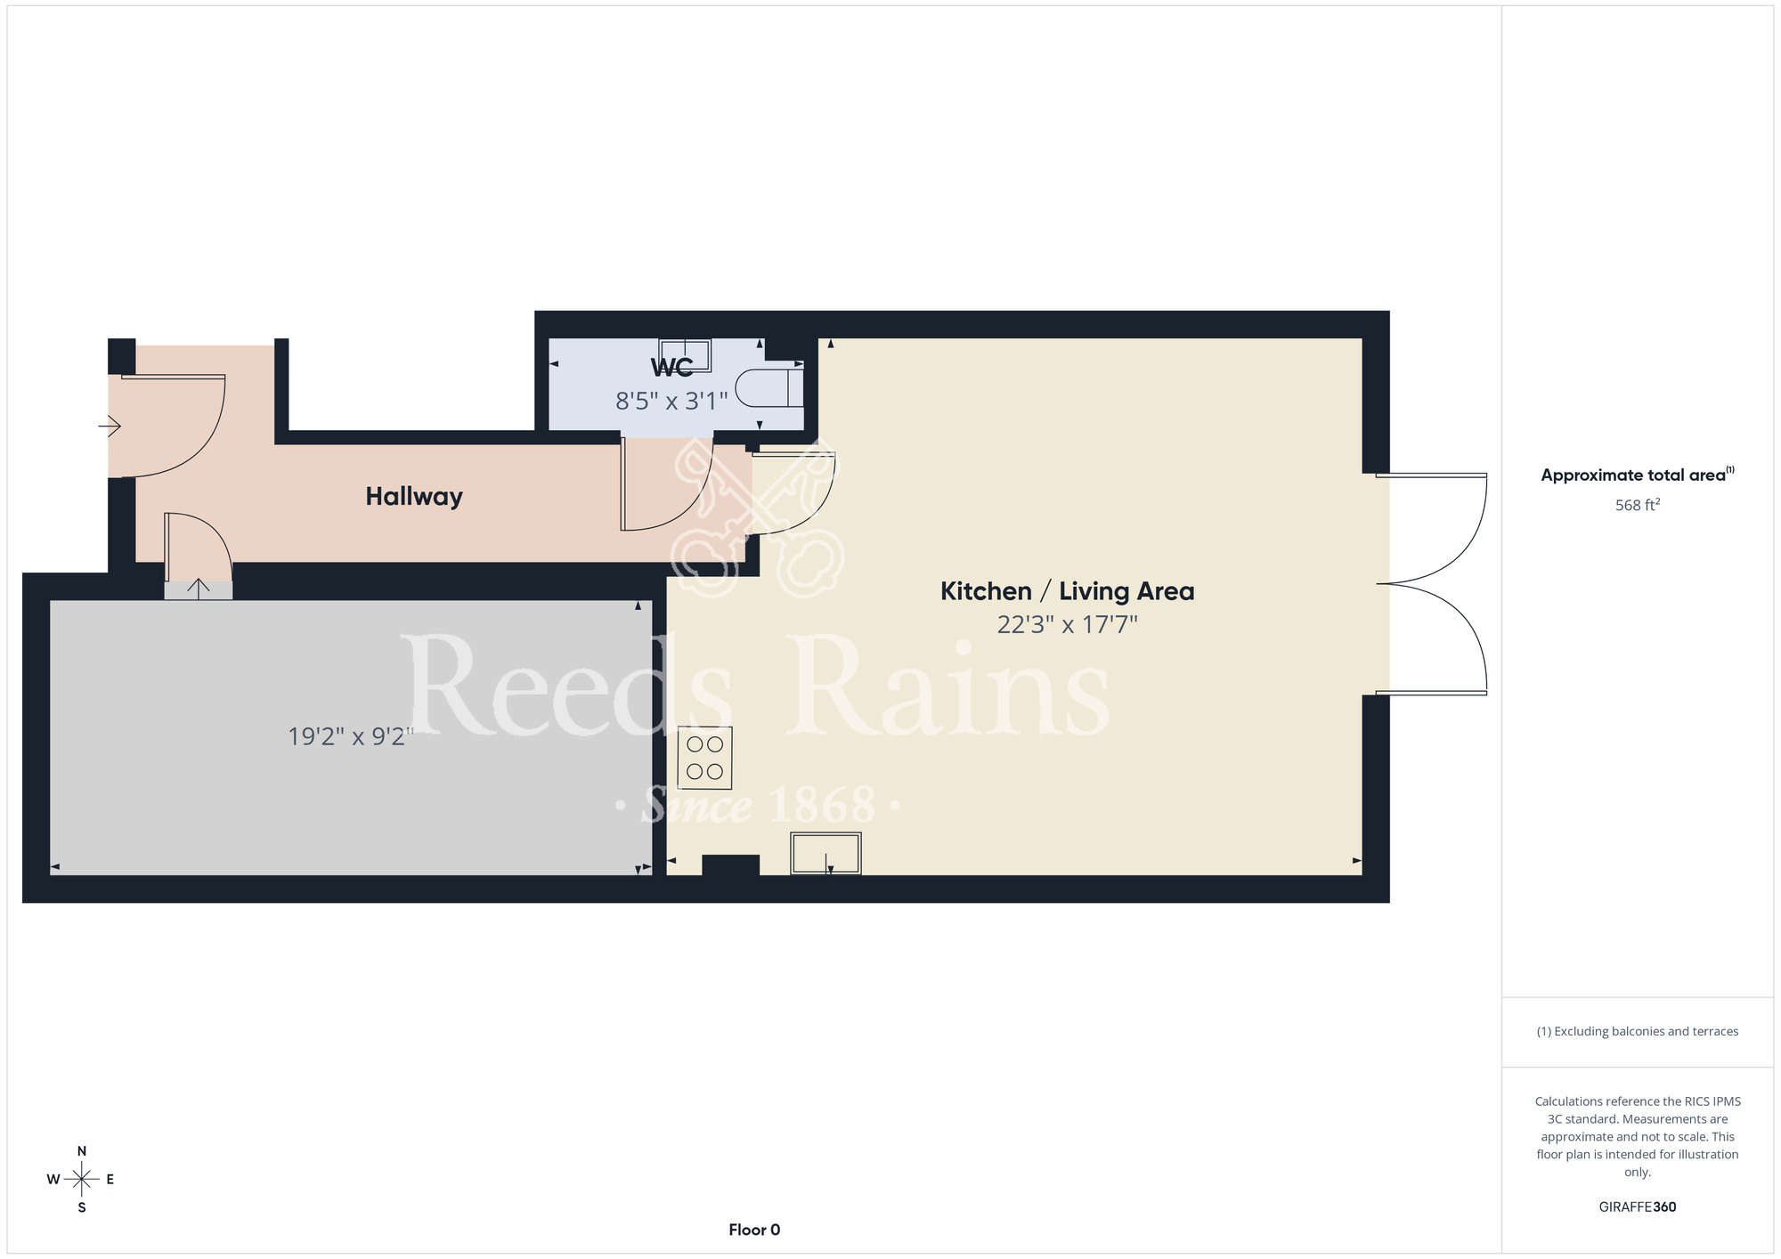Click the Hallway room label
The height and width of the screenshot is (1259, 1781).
click(x=414, y=497)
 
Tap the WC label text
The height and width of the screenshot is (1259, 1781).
click(x=671, y=368)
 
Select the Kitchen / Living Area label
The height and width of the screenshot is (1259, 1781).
click(x=1067, y=591)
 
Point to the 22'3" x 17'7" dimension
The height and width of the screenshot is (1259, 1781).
click(x=1067, y=625)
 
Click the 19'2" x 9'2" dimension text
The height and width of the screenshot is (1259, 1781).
click(x=351, y=737)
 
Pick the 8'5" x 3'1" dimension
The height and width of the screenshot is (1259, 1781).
click(x=671, y=402)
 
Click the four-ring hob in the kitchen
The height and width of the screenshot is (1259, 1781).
click(x=704, y=758)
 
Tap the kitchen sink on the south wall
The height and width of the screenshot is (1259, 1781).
click(x=825, y=853)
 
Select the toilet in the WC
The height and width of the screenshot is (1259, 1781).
click(x=769, y=388)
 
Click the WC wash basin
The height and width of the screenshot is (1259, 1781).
click(x=685, y=354)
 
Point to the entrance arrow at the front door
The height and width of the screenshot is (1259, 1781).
click(x=110, y=427)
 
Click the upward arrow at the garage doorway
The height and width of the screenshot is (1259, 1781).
click(x=198, y=589)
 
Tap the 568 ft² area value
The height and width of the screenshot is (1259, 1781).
click(x=1638, y=505)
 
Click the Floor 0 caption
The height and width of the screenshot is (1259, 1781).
click(x=754, y=1230)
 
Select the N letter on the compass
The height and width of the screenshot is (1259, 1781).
click(x=82, y=1151)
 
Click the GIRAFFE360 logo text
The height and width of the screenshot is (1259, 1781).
click(x=1638, y=1207)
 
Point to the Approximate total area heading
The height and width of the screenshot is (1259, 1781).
click(x=1638, y=475)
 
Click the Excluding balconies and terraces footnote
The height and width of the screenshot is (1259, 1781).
click(x=1638, y=1031)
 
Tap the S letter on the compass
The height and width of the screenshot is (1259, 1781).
click(x=82, y=1208)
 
